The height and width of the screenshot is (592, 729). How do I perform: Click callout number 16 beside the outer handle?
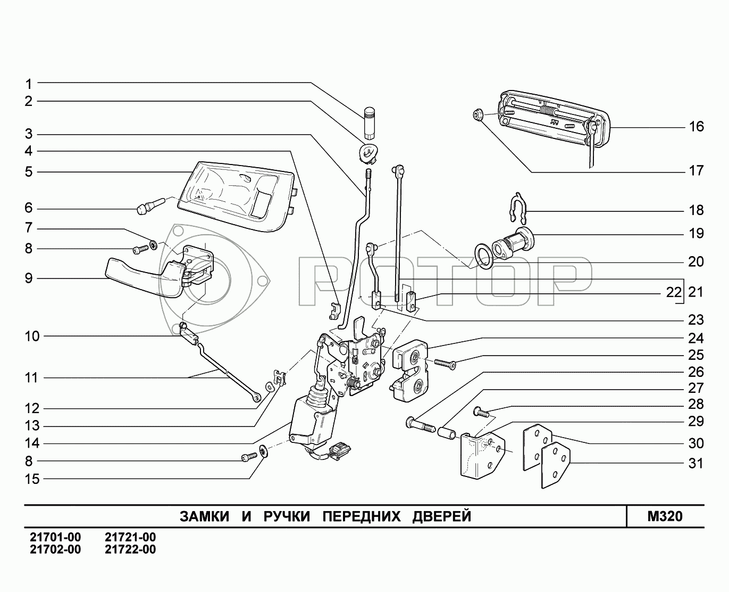[x=696, y=127]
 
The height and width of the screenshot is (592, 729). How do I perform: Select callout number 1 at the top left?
[x=29, y=84]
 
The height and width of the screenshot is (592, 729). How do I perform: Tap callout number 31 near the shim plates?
[x=696, y=464]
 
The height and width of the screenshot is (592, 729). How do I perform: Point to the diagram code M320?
[x=665, y=516]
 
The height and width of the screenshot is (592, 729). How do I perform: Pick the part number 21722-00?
[x=130, y=549]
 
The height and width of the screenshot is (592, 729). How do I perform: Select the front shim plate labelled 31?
[x=555, y=466]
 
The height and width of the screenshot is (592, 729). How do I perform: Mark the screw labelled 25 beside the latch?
[x=445, y=364]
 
